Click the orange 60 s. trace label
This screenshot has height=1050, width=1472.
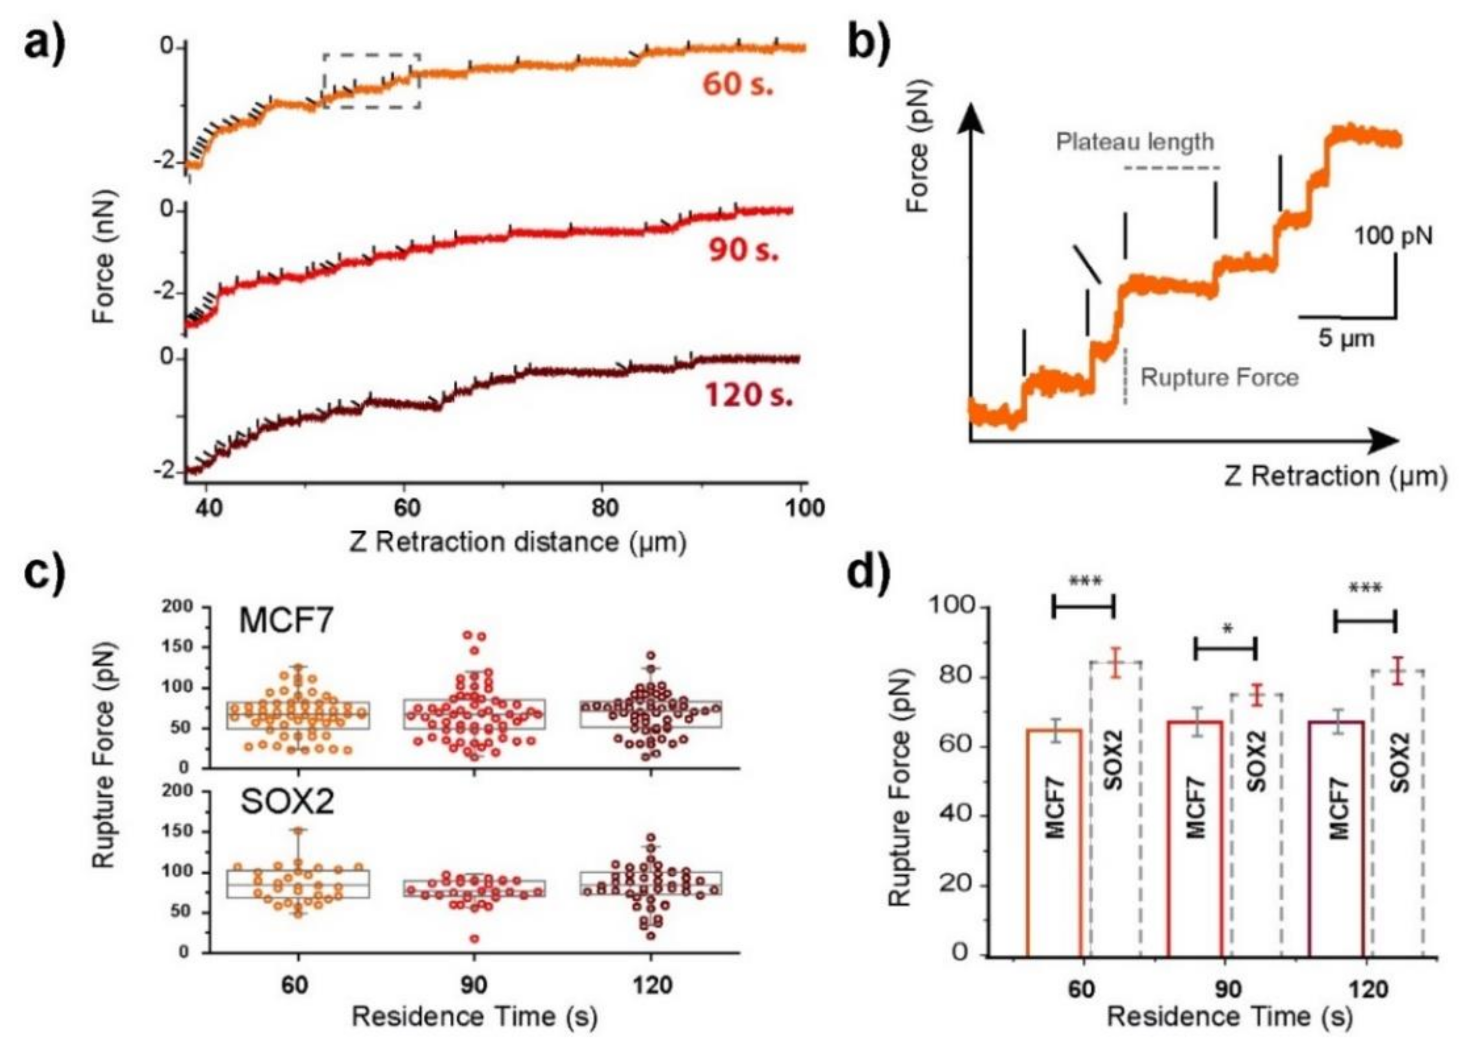pos(737,84)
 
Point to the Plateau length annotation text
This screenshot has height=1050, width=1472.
pos(1135,141)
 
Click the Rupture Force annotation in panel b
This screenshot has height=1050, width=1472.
pos(1219,378)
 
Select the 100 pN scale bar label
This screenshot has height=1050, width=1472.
pos(1393,236)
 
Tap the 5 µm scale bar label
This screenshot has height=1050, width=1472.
pos(1346,339)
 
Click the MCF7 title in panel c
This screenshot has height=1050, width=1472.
pos(286,621)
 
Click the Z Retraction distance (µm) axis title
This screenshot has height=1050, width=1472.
pos(517,542)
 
